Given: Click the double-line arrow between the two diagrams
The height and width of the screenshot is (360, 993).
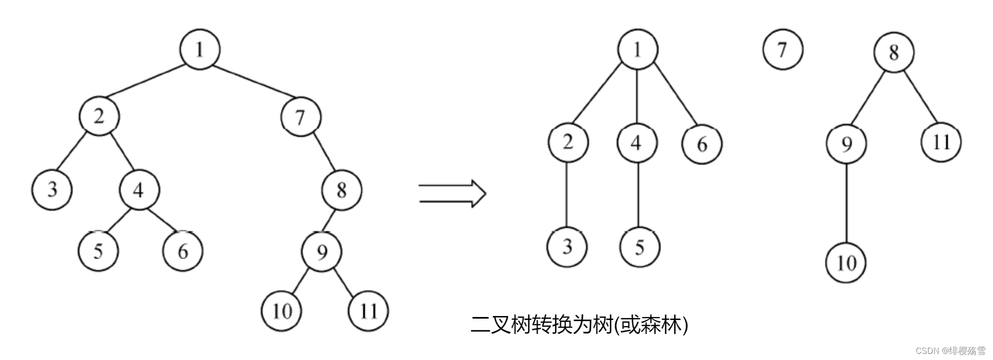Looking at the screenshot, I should [452, 193].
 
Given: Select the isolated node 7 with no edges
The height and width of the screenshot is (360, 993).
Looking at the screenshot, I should [782, 50].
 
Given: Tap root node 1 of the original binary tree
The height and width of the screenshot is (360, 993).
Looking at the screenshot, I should [199, 49].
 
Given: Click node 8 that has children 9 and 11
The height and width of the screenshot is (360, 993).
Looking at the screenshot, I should [893, 52].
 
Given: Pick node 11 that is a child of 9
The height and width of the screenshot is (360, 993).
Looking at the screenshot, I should [368, 310].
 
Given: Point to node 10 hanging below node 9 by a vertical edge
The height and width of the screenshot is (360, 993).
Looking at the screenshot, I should [846, 263].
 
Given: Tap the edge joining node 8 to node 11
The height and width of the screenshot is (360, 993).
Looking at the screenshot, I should [921, 97].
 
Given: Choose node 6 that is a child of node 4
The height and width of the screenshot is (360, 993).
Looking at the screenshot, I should [183, 251].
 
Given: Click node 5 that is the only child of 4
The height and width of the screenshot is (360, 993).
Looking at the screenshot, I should [639, 247].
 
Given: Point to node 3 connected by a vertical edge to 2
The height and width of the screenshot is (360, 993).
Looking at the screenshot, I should [567, 247].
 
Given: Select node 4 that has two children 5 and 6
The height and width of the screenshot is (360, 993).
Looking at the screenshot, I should [139, 190].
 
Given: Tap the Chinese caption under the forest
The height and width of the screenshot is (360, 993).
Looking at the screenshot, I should [579, 324].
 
